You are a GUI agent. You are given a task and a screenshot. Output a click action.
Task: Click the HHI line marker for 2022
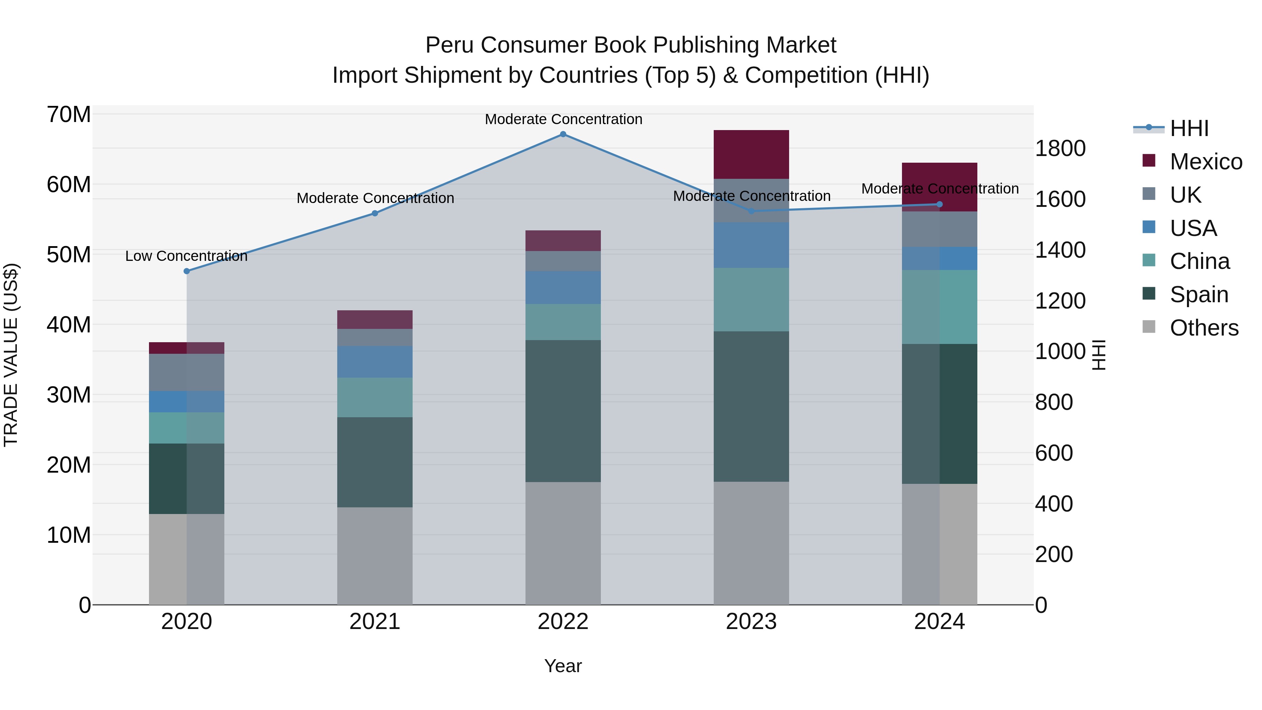[563, 134]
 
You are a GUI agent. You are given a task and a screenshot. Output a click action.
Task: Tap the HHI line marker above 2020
[186, 271]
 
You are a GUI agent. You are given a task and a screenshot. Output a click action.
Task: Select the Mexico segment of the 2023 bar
[751, 154]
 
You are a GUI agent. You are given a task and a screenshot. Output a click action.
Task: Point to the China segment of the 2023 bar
[751, 299]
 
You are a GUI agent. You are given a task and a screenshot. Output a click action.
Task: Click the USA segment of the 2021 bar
[375, 361]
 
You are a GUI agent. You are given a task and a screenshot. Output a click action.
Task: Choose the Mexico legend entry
[1206, 162]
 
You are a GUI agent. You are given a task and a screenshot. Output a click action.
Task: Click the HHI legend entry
[1189, 128]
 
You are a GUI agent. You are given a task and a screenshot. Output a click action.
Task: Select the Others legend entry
[1204, 328]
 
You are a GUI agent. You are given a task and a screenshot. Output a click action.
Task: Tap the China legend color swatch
[1148, 260]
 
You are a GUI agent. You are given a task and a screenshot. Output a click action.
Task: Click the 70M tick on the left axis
[69, 115]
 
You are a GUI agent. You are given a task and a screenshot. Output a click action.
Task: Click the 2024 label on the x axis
[939, 622]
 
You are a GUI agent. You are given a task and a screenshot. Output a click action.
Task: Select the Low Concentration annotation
[186, 256]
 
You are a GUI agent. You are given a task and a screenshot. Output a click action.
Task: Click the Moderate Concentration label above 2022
[563, 119]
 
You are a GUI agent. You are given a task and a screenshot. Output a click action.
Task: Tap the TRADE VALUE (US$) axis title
[11, 355]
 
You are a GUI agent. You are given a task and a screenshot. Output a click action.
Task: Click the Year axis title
[563, 666]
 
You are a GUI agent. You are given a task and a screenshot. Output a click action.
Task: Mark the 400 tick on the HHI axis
[1054, 504]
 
